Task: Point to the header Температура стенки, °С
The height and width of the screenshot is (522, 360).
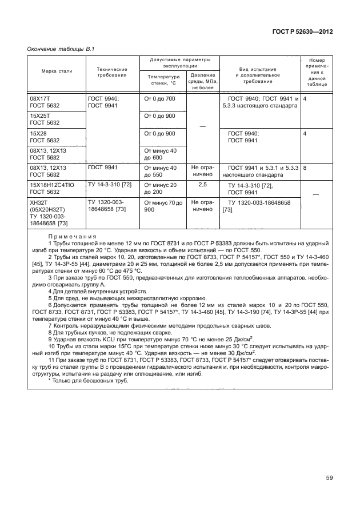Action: [163, 80]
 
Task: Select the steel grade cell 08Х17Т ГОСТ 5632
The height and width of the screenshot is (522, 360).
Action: [45, 102]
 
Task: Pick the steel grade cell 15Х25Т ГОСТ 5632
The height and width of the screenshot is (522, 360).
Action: [45, 119]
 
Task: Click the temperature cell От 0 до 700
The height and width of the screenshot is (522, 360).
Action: [160, 99]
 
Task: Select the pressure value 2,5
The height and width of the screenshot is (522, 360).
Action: [203, 185]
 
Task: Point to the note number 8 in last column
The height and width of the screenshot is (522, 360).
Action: [306, 169]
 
